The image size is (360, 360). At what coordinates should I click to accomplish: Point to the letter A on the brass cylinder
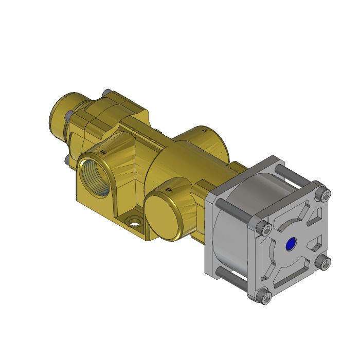[205, 132]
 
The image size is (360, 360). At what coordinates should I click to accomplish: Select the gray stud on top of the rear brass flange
[106, 92]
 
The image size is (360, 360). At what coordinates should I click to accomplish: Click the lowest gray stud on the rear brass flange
[65, 160]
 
